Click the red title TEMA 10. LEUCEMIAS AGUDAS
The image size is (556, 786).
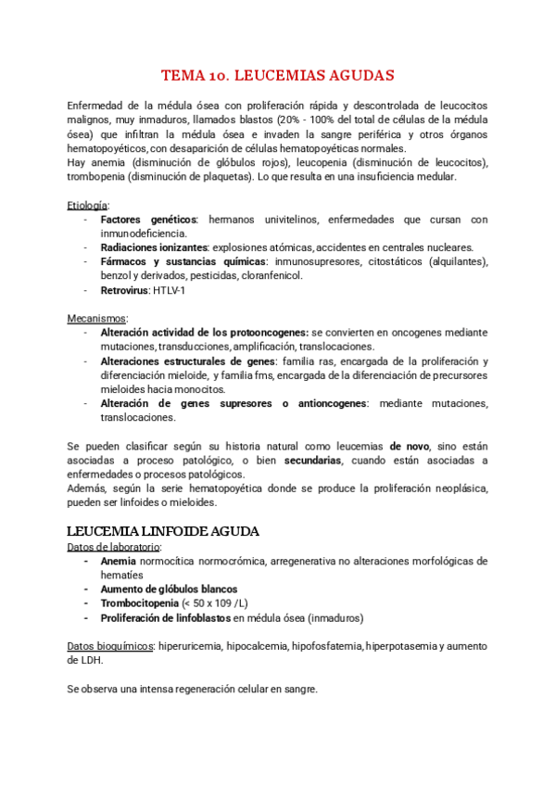(x=278, y=74)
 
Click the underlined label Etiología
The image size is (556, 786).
(x=88, y=205)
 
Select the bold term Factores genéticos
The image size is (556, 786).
(x=148, y=220)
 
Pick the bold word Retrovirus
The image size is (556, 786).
(x=125, y=290)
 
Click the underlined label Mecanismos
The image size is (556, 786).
(x=97, y=318)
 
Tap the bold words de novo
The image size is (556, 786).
(x=409, y=446)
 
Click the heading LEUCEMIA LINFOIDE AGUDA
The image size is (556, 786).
(x=164, y=531)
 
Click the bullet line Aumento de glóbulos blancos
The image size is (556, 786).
(x=169, y=589)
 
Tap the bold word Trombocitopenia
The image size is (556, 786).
(x=139, y=602)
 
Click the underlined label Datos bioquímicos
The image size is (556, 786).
(x=109, y=645)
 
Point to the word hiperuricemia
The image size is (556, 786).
(x=191, y=645)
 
